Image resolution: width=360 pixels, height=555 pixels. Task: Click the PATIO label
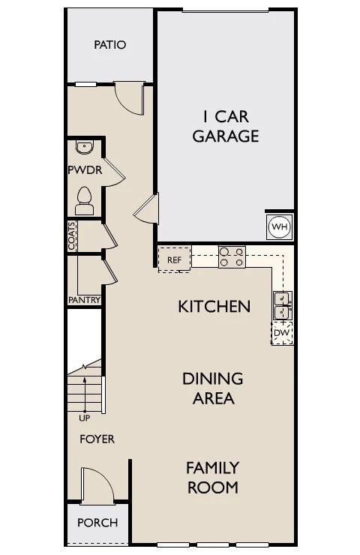(x=110, y=45)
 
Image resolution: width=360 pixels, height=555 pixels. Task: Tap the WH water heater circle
(x=280, y=226)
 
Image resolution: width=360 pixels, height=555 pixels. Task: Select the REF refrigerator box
(x=175, y=259)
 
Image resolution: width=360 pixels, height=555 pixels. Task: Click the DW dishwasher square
(x=282, y=333)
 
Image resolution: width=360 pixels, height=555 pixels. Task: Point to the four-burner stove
(x=232, y=256)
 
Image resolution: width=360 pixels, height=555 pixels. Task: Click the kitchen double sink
(x=283, y=305)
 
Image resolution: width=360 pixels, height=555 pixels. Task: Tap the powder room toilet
(x=84, y=201)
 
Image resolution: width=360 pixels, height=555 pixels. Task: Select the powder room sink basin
(x=84, y=147)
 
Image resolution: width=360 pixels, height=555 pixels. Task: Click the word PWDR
(x=85, y=170)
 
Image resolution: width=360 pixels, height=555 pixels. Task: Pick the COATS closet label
(x=72, y=235)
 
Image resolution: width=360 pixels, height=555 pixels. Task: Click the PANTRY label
(x=84, y=300)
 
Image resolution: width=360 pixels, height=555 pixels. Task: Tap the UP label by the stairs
(x=84, y=418)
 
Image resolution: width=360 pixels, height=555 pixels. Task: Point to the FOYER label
(x=97, y=439)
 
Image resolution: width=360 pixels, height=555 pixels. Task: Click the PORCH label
(x=97, y=523)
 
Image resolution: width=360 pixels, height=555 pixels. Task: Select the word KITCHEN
(x=214, y=307)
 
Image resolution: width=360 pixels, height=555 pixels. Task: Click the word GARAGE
(x=226, y=136)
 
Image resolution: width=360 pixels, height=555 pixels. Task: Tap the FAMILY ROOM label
(x=213, y=478)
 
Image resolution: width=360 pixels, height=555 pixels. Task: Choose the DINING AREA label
(x=213, y=388)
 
